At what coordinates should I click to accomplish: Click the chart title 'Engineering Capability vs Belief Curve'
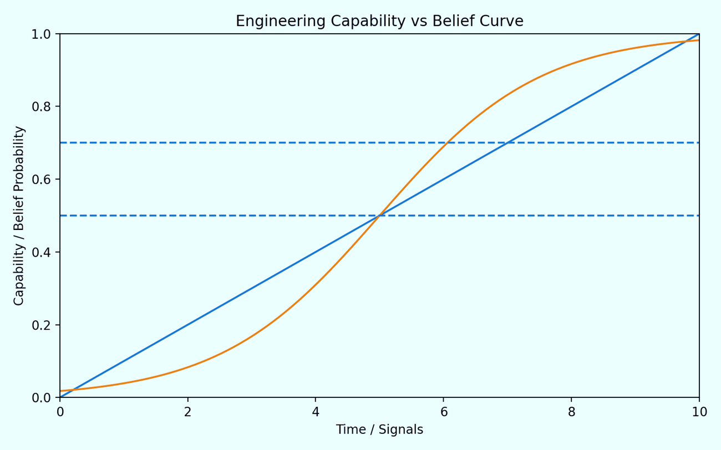[379, 21]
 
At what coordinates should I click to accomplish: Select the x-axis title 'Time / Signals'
[379, 429]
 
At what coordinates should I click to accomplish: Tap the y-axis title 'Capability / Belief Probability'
[19, 216]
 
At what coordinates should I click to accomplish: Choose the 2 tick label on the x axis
[188, 412]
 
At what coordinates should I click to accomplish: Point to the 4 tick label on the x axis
[316, 412]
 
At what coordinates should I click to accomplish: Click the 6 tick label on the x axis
[444, 412]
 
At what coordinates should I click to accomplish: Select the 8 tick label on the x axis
[571, 412]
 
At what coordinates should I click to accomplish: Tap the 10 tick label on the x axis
[699, 412]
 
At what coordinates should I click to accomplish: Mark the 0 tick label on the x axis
[60, 412]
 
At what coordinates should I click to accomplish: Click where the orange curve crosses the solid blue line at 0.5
[379, 216]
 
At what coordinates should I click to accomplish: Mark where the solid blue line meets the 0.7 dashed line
[507, 142]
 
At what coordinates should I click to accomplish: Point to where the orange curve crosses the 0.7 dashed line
[447, 142]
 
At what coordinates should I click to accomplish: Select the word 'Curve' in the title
[504, 21]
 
